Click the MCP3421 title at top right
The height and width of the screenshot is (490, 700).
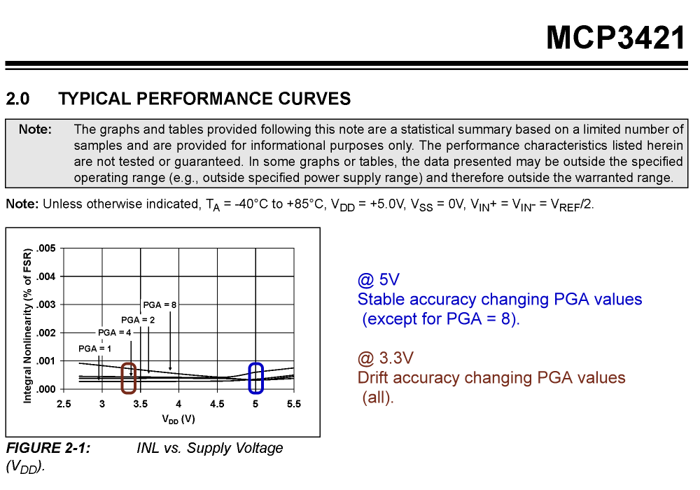pyautogui.click(x=615, y=38)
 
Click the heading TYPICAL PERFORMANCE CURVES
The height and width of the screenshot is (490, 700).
pyautogui.click(x=204, y=99)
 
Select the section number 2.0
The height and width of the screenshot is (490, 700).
pyautogui.click(x=17, y=99)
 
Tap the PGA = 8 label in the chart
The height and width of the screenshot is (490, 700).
pyautogui.click(x=160, y=304)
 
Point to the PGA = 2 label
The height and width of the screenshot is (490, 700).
pyautogui.click(x=137, y=319)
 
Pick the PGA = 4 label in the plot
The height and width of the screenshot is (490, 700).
pyautogui.click(x=115, y=332)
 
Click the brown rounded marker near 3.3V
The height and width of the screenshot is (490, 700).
pyautogui.click(x=128, y=378)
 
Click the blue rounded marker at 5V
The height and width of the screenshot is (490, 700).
pyautogui.click(x=256, y=378)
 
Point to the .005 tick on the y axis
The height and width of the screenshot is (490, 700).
pyautogui.click(x=46, y=248)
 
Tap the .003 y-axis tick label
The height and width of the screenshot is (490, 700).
pyautogui.click(x=46, y=304)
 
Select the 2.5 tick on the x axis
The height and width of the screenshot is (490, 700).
pyautogui.click(x=64, y=404)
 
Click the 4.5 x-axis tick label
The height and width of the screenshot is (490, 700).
pyautogui.click(x=217, y=404)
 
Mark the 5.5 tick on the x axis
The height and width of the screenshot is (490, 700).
pyautogui.click(x=294, y=404)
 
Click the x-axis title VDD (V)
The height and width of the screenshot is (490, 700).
pyautogui.click(x=178, y=420)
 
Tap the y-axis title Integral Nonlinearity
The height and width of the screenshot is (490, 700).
pyautogui.click(x=27, y=325)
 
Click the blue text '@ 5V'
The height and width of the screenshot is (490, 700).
pyautogui.click(x=378, y=280)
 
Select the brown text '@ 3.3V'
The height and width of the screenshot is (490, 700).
pyautogui.click(x=386, y=358)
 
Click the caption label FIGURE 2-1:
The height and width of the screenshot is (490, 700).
pyautogui.click(x=48, y=448)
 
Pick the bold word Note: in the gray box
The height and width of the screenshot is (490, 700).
pyautogui.click(x=35, y=129)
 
